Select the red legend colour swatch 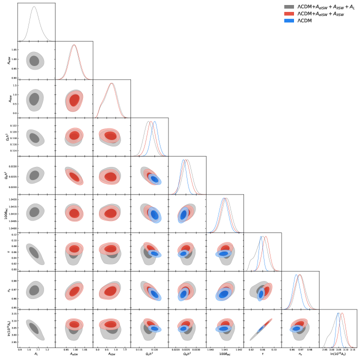(x=289, y=14)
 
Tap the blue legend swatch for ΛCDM (x=289, y=21)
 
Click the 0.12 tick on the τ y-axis (x=13, y=234)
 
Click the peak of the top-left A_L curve (x=34, y=7)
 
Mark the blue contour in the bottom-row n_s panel (x=297, y=328)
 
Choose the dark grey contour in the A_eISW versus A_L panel (x=34, y=60)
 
